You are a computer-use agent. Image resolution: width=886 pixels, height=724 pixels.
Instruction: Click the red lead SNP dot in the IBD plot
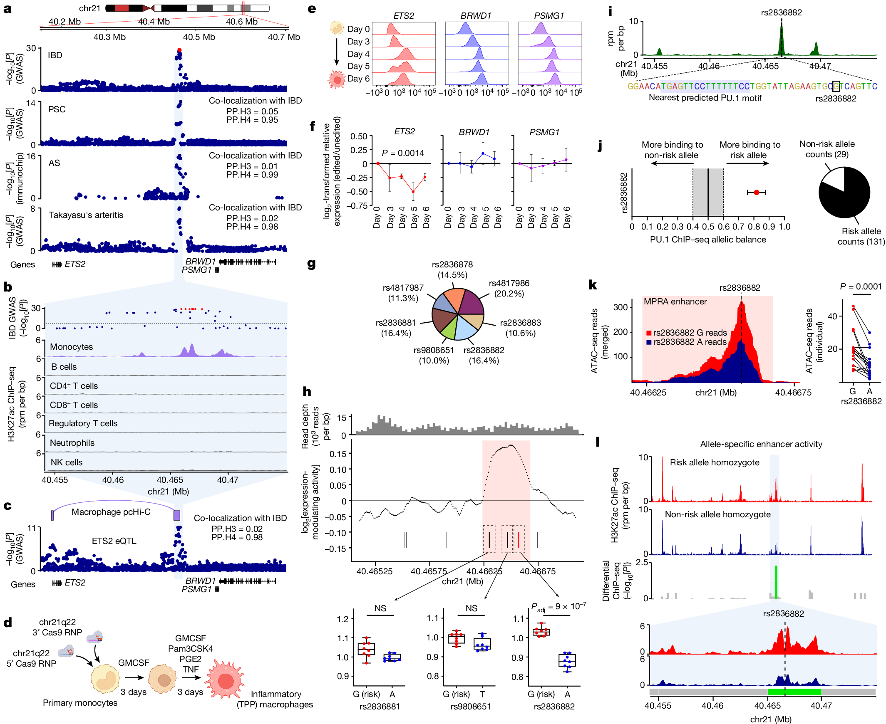[x=179, y=50]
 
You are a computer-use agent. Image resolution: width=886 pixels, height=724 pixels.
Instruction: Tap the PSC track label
[x=57, y=109]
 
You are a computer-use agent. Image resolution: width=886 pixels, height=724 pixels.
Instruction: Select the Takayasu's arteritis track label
[x=86, y=215]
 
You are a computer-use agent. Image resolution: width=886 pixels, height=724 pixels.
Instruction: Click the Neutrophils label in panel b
[x=72, y=443]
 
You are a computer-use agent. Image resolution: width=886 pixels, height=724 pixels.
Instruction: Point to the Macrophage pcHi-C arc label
[x=111, y=512]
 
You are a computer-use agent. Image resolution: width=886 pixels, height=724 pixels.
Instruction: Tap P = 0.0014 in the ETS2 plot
[x=403, y=153]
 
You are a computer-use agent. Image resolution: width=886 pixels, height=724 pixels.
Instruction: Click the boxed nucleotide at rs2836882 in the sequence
[x=836, y=86]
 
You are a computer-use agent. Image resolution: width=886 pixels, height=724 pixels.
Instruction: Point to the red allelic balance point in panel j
[x=757, y=192]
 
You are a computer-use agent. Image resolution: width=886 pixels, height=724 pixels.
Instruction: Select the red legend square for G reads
[x=649, y=333]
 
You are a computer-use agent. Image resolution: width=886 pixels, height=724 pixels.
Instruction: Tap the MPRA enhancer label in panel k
[x=675, y=301]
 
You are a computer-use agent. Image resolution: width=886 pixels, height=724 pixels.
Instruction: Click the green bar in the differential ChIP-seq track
[x=776, y=582]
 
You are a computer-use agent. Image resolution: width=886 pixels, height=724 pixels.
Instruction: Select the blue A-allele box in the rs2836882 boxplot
[x=567, y=661]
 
